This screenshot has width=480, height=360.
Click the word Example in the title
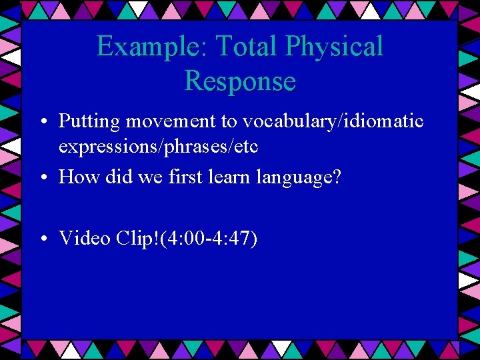[x=137, y=47]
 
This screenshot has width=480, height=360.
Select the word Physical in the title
[x=335, y=47]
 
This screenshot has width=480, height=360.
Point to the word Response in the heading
[x=240, y=81]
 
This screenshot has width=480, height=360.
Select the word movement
[x=163, y=121]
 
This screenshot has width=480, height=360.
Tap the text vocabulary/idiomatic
[x=333, y=121]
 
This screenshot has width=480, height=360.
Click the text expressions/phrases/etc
[x=159, y=146]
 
